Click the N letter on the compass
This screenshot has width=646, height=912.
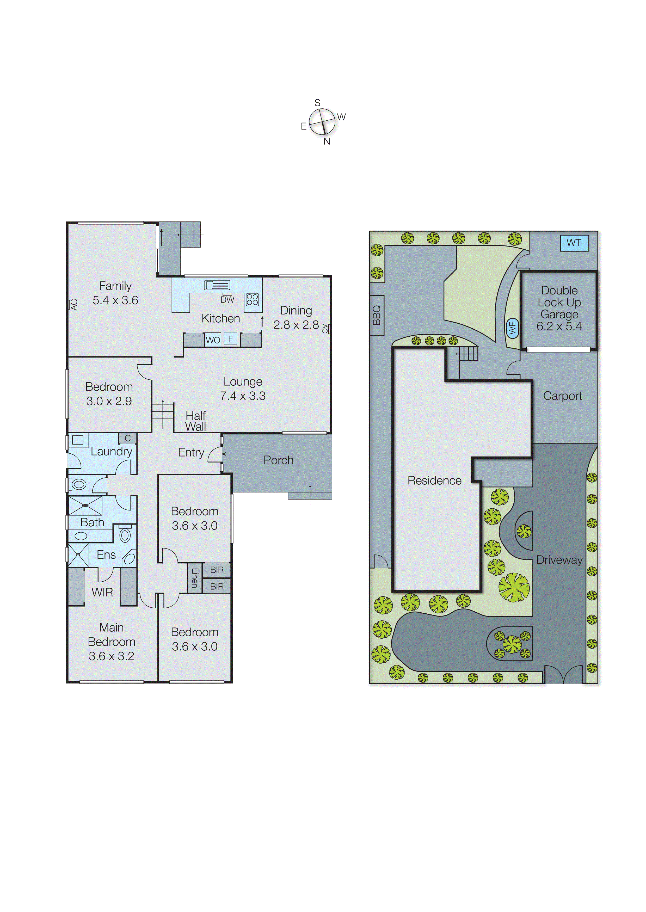click(x=327, y=141)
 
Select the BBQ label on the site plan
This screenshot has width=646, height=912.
click(x=376, y=315)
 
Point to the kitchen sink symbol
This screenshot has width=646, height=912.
click(x=217, y=285)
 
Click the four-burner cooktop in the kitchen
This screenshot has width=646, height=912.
click(x=252, y=299)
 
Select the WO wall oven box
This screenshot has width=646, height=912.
click(x=213, y=340)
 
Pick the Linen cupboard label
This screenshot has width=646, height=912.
click(x=194, y=578)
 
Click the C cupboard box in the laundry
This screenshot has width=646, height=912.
click(x=128, y=438)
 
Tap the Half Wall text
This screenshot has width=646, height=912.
click(x=196, y=421)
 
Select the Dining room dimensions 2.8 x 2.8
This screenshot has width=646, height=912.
click(x=296, y=325)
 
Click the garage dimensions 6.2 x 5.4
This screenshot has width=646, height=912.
click(x=559, y=326)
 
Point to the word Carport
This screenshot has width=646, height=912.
click(x=562, y=396)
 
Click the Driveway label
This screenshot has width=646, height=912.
click(x=559, y=560)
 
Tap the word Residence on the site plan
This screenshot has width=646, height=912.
click(x=434, y=480)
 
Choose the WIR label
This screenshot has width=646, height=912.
click(x=102, y=592)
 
